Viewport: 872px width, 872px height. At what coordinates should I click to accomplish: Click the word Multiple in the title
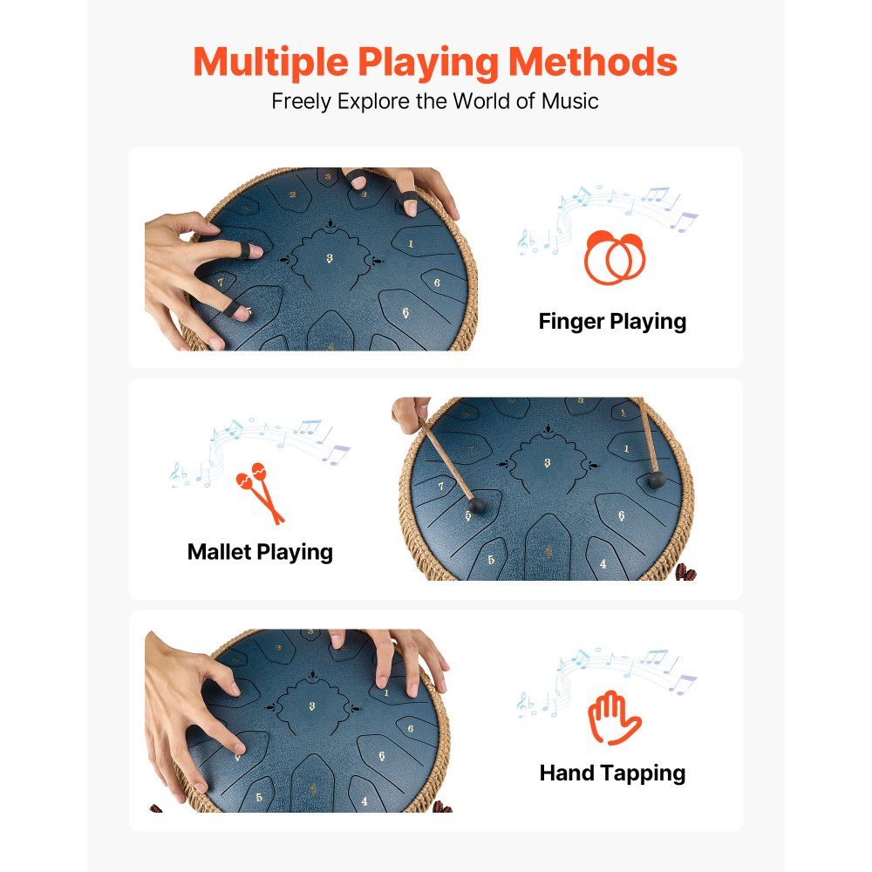click(x=271, y=63)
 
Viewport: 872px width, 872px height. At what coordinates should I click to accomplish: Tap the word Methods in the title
click(x=593, y=61)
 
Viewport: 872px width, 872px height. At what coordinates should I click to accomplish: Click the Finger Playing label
click(x=612, y=322)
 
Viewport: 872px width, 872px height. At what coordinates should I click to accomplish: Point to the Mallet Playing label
click(x=260, y=553)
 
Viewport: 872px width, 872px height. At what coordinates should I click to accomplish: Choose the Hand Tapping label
click(x=612, y=773)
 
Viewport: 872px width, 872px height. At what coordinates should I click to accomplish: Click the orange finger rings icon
click(x=615, y=257)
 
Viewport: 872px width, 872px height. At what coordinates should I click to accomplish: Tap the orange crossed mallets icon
click(x=260, y=493)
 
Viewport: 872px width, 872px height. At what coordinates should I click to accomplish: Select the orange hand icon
click(x=614, y=718)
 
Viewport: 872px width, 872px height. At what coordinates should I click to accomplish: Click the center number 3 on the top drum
click(x=330, y=258)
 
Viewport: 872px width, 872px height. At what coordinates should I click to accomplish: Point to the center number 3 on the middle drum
click(x=548, y=463)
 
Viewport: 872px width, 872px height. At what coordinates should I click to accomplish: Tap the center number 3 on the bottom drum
click(x=312, y=706)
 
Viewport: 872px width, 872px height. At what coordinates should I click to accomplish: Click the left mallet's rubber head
click(x=475, y=506)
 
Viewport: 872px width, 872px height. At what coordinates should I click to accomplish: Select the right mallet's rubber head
click(x=657, y=480)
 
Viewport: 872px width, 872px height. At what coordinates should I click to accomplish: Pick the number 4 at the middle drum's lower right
click(x=603, y=564)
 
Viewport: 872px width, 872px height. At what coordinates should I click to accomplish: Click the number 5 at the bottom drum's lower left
click(x=259, y=798)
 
